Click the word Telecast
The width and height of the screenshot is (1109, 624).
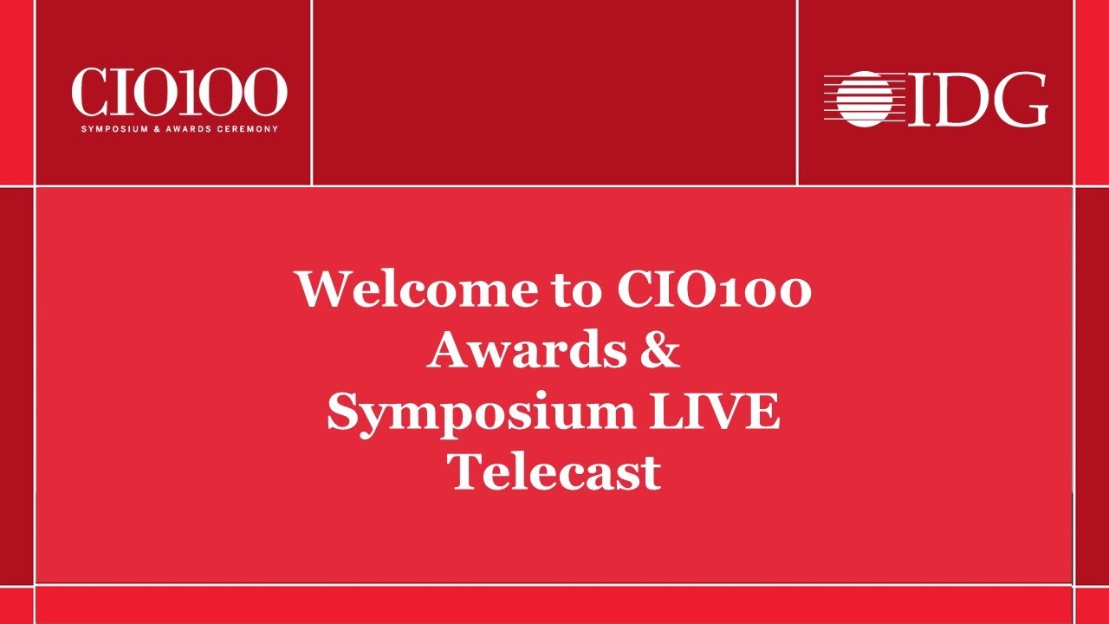point(554,472)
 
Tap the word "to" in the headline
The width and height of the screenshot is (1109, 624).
point(575,290)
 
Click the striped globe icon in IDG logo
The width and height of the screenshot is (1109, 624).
point(857,99)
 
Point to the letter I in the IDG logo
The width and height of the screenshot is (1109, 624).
point(910,100)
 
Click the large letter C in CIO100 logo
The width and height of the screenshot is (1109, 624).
point(90,93)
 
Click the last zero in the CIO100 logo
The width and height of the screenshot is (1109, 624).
point(263,93)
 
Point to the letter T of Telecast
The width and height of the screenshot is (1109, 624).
point(465,472)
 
